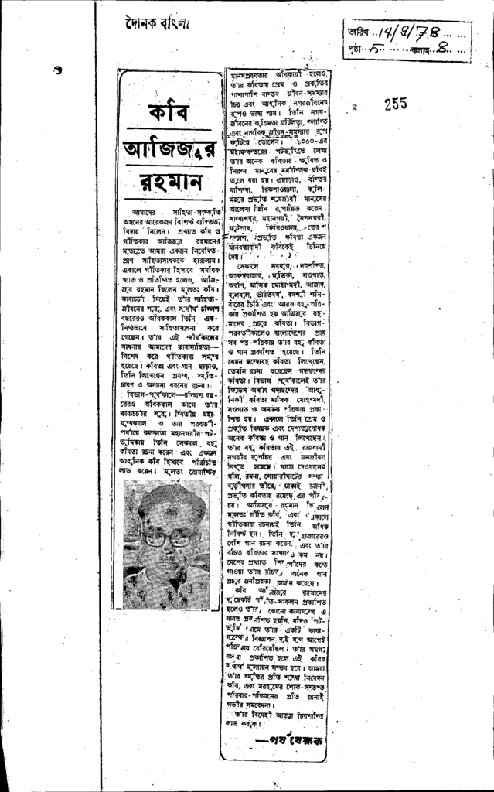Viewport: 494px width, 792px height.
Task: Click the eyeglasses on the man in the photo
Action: point(169,538)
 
